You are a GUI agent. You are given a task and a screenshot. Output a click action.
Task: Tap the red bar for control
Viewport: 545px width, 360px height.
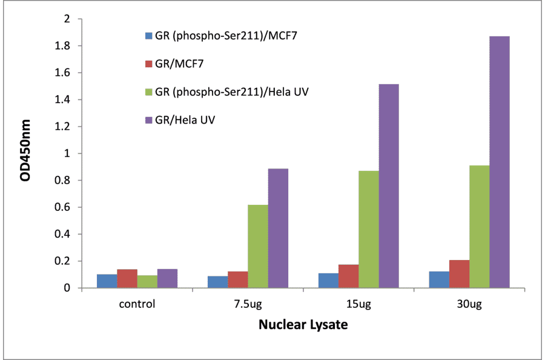pos(127,278)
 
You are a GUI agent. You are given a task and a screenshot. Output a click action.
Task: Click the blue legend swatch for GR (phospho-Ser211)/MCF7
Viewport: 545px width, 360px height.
pos(148,36)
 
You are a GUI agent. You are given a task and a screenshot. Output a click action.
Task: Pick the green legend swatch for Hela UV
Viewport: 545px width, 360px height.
pos(148,92)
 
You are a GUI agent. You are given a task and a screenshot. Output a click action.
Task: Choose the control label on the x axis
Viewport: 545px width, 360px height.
pos(137,304)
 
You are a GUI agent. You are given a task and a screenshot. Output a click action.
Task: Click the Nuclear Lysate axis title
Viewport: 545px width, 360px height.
pos(303,325)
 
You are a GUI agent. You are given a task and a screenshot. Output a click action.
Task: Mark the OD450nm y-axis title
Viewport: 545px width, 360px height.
pos(25,153)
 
